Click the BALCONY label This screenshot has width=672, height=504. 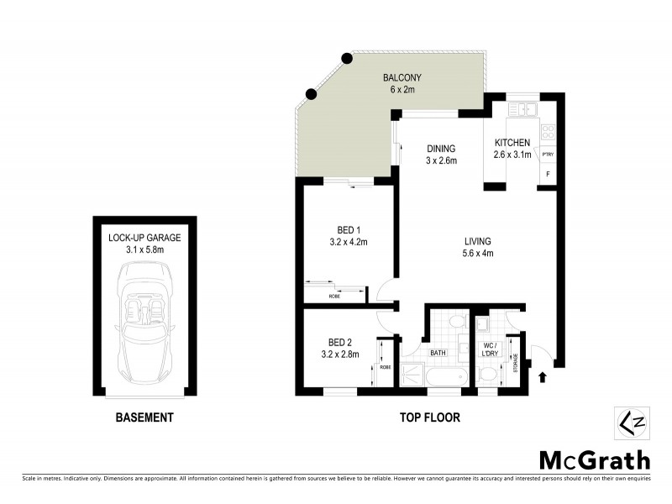pos(405,78)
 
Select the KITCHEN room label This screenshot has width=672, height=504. pos(512,143)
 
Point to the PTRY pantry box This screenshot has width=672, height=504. pos(548,155)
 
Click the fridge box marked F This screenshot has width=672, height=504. pos(549,175)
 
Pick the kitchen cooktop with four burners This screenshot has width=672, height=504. pos(548,131)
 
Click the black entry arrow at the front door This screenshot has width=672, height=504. pos(540,377)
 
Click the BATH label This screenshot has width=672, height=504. pos(438,354)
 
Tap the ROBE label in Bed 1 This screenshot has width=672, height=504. pos(334,296)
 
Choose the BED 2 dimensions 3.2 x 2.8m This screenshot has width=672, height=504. pos(344,354)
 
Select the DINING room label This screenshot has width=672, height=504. pos(440,149)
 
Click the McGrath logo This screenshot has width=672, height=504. pos(594,459)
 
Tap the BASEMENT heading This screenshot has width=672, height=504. pos(144,417)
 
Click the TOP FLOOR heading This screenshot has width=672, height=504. pos(428,417)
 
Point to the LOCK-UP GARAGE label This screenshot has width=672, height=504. pos(144,238)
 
